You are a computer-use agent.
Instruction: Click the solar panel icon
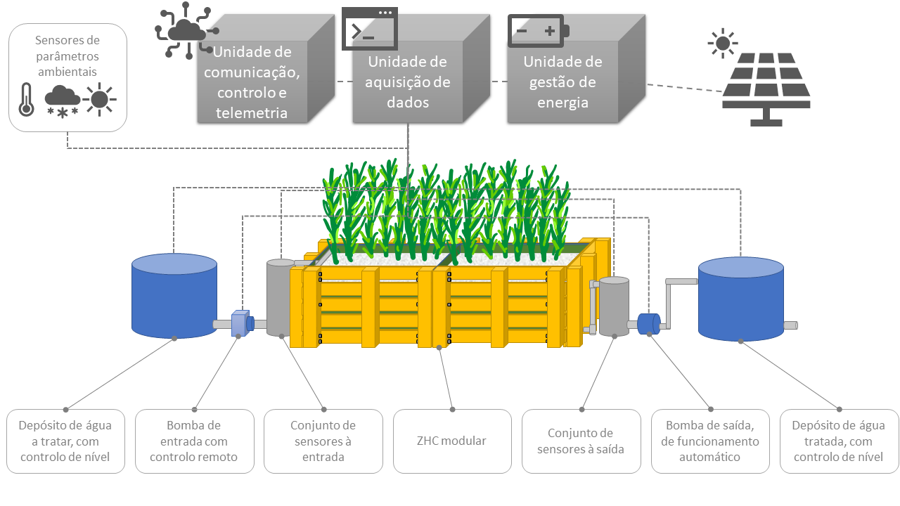tap(766, 89)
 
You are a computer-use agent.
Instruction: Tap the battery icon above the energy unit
tap(539, 32)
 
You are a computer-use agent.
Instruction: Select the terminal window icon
tap(369, 29)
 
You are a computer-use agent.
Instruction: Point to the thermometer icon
tap(26, 99)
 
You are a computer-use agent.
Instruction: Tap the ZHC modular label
tap(452, 441)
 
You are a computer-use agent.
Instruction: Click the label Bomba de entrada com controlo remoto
tap(194, 441)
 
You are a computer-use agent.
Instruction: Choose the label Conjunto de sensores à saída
tap(581, 441)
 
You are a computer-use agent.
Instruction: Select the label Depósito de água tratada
tap(839, 441)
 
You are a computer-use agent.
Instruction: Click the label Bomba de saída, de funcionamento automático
tap(709, 441)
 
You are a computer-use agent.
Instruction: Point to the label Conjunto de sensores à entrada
tap(323, 441)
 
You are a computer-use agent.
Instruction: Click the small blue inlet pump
tap(240, 323)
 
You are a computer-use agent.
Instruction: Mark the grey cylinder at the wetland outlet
tap(614, 306)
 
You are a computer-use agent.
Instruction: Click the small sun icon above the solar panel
tap(722, 43)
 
